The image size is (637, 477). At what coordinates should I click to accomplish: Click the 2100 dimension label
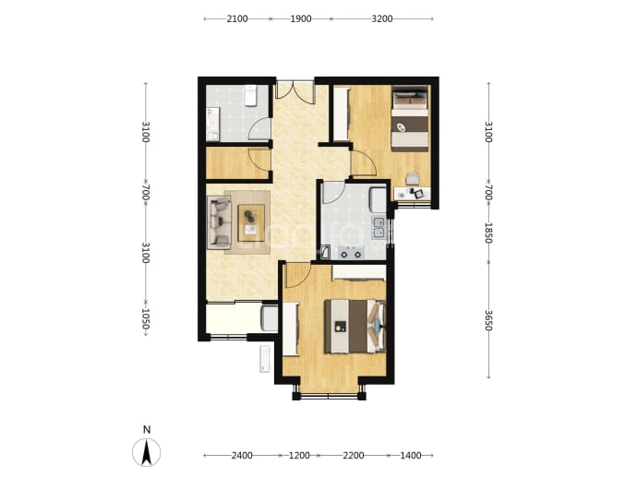click(237, 18)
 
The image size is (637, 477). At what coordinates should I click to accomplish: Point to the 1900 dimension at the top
click(301, 18)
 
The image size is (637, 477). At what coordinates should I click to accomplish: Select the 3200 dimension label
click(382, 18)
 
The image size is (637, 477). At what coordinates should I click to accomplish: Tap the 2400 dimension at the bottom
click(242, 456)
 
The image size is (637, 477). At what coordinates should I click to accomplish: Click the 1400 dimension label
click(411, 456)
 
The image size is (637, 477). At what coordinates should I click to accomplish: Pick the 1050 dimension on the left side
click(146, 318)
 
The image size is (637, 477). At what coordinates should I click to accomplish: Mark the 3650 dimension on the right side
click(488, 320)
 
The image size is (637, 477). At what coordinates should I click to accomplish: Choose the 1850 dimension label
click(488, 233)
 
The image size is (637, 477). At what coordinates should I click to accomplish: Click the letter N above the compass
click(147, 430)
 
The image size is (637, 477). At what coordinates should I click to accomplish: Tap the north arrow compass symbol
click(146, 452)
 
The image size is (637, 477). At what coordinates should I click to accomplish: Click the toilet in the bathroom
click(251, 95)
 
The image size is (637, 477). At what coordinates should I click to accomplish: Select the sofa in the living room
click(219, 222)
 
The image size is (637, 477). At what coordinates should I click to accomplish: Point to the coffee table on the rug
click(251, 222)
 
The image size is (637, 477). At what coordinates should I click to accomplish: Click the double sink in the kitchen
click(379, 227)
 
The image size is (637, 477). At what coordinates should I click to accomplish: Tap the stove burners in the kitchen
click(351, 254)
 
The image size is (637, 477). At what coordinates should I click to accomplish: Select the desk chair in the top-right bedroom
click(413, 179)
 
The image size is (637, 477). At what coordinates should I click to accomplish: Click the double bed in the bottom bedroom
click(355, 326)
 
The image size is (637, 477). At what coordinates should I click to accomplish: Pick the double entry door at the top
click(295, 90)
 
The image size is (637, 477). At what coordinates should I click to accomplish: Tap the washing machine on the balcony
click(270, 318)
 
